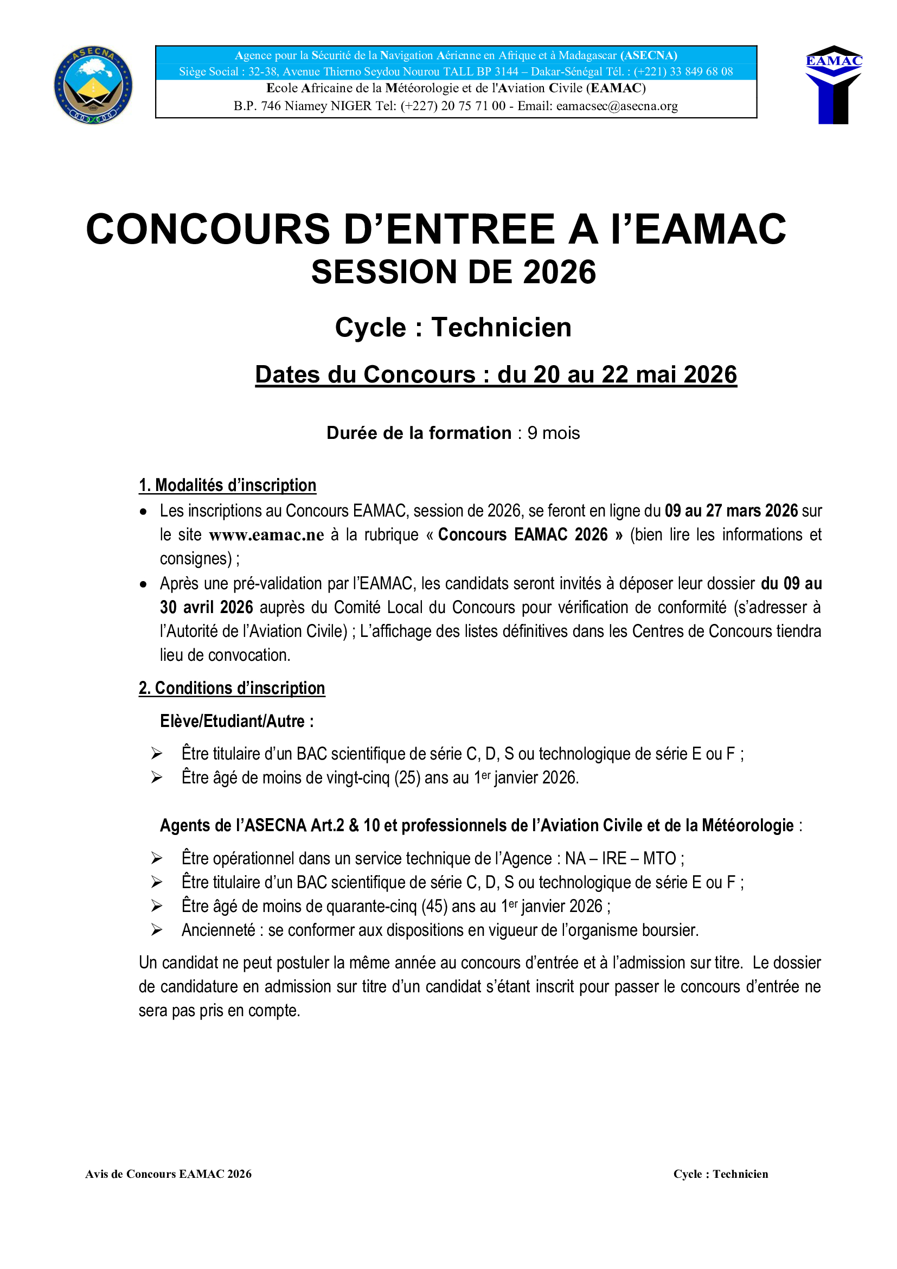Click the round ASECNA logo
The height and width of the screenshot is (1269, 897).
[93, 85]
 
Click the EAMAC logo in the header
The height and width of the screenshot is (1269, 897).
[834, 85]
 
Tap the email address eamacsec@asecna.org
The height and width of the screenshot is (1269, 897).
[617, 106]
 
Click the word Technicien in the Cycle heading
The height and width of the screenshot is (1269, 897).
[501, 327]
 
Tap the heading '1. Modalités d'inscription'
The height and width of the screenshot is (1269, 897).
[227, 485]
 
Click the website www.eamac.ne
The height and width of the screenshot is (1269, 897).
[266, 535]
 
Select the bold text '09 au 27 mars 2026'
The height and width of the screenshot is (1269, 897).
[731, 511]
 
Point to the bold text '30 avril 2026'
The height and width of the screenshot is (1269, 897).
[206, 608]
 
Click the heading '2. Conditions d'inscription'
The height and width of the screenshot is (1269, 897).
[232, 688]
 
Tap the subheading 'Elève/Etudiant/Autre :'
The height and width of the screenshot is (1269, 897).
[236, 721]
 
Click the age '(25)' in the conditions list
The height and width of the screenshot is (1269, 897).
[407, 777]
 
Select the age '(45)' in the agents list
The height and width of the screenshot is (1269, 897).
[434, 907]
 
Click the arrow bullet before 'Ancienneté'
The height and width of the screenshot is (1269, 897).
[157, 930]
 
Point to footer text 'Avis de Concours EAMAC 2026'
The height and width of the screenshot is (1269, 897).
[169, 1174]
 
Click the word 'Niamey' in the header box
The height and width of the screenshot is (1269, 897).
[306, 106]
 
